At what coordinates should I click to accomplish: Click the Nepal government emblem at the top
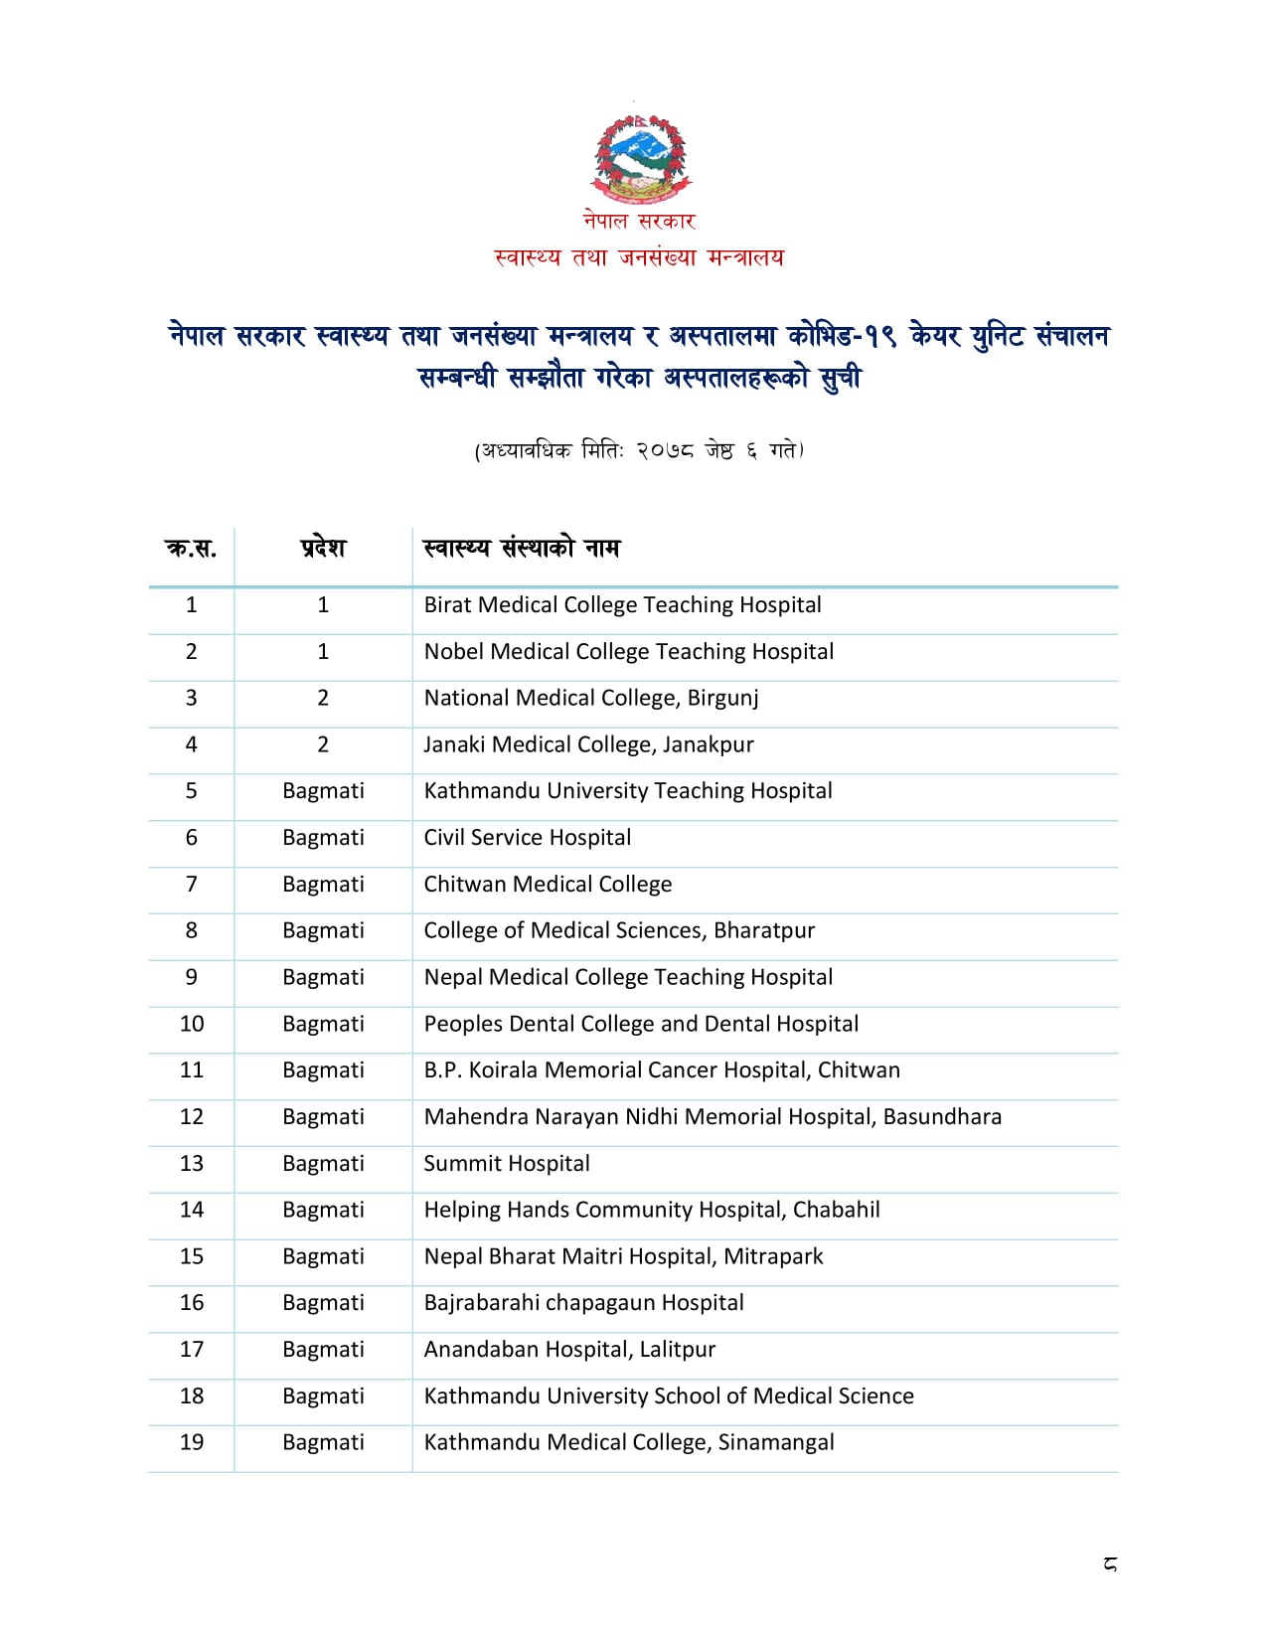point(640,159)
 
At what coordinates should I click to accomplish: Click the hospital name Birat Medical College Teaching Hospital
point(622,605)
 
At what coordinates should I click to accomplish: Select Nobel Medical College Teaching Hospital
point(628,652)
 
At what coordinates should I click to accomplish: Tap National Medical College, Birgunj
point(590,698)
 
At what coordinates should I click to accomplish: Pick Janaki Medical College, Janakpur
point(588,744)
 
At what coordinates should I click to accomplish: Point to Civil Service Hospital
point(527,838)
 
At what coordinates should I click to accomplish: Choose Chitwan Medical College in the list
point(548,885)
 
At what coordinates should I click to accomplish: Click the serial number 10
point(192,1024)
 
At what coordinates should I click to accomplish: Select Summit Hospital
point(507,1164)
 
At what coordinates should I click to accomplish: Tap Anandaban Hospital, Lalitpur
point(569,1350)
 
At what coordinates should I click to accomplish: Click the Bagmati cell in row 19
point(323,1442)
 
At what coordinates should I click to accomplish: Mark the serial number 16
point(192,1303)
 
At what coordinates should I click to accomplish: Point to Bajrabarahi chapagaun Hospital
point(583,1303)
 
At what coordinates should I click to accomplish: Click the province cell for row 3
point(323,698)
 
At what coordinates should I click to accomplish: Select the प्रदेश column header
point(323,548)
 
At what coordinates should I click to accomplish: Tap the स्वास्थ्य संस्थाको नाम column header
point(521,548)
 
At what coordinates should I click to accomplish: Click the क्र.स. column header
point(191,548)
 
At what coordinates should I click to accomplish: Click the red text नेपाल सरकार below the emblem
point(639,221)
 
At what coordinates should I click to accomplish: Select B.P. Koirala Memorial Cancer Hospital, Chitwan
point(662,1070)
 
